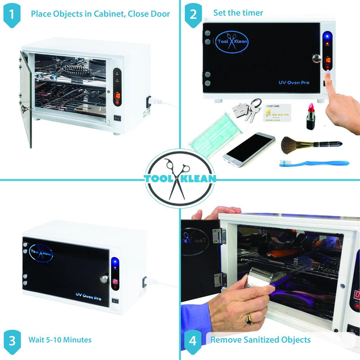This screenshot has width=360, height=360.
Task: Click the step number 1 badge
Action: pyautogui.click(x=11, y=14)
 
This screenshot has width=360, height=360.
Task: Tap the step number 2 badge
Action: pyautogui.click(x=193, y=14)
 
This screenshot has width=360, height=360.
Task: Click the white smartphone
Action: pyautogui.click(x=249, y=149)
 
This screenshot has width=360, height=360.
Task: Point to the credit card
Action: pyautogui.click(x=278, y=113)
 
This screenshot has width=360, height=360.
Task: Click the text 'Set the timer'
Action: pyautogui.click(x=238, y=13)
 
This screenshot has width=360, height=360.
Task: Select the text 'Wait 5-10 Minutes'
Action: pyautogui.click(x=60, y=340)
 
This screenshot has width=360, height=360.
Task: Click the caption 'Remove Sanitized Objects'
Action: pyautogui.click(x=261, y=340)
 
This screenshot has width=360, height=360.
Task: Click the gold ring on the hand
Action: pyautogui.click(x=249, y=319)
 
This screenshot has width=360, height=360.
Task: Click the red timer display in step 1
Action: pyautogui.click(x=117, y=96)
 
